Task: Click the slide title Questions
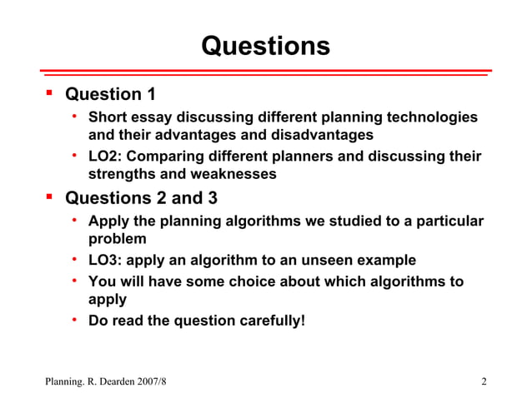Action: click(265, 45)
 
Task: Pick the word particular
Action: click(448, 221)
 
